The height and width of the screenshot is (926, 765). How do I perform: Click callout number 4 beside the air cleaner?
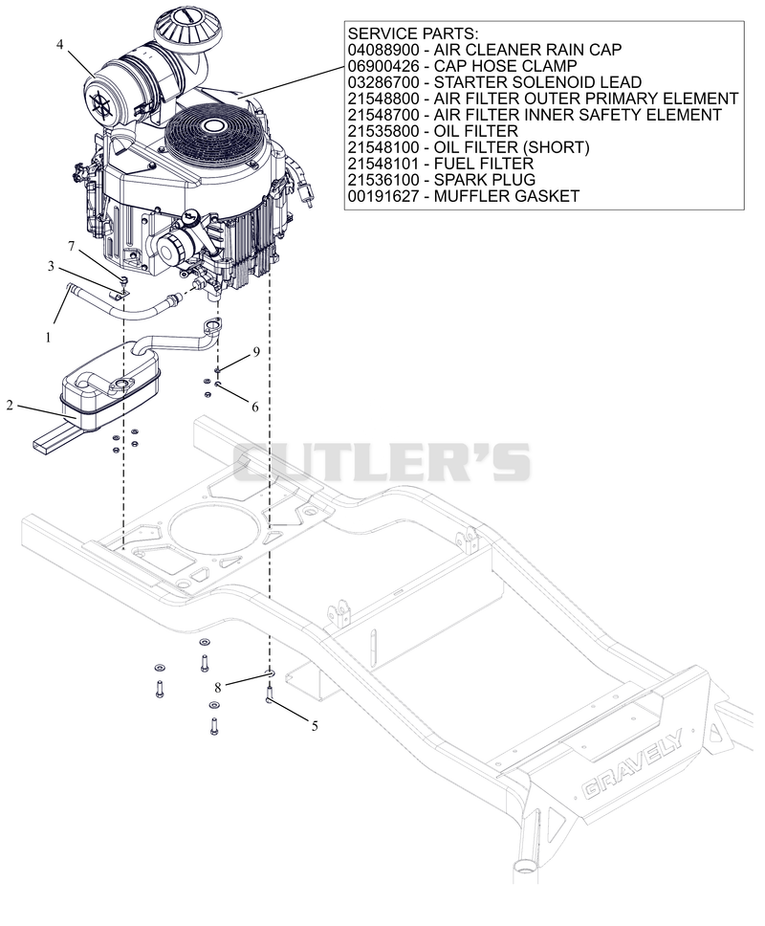click(59, 44)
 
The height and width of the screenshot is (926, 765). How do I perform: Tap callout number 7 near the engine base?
click(72, 246)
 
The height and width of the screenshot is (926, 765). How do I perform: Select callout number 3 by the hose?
click(52, 266)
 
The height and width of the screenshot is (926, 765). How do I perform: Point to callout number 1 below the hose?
click(49, 338)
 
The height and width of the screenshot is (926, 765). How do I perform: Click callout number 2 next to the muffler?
click(10, 406)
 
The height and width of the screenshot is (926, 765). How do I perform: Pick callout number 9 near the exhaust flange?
click(256, 352)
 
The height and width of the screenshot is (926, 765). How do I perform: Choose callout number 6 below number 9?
click(255, 407)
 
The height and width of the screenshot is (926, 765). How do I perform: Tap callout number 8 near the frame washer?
click(218, 688)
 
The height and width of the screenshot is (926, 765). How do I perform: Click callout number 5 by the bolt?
click(315, 726)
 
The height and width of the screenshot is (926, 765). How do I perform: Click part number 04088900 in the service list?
click(383, 50)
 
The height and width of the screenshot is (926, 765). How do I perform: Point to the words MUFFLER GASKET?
click(507, 196)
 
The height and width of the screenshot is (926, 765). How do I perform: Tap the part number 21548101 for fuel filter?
click(383, 164)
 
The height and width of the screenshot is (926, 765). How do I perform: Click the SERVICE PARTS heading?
click(413, 33)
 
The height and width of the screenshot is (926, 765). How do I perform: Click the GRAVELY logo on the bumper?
click(631, 766)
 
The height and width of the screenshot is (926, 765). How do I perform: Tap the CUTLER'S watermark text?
click(382, 462)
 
